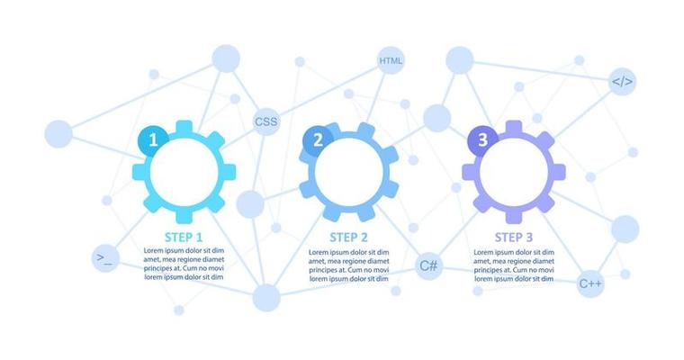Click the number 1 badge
click(153, 139)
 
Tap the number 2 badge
click(318, 139)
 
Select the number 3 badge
click(482, 139)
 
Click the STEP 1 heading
click(184, 237)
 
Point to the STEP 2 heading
click(348, 238)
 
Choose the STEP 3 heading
click(514, 238)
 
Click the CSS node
click(265, 121)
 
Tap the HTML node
click(391, 61)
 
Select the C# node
click(429, 265)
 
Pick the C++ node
click(590, 283)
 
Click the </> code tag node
click(623, 82)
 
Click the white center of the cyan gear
click(184, 172)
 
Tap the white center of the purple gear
click(514, 172)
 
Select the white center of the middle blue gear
click(348, 172)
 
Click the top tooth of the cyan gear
click(184, 127)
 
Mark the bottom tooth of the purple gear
click(514, 217)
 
